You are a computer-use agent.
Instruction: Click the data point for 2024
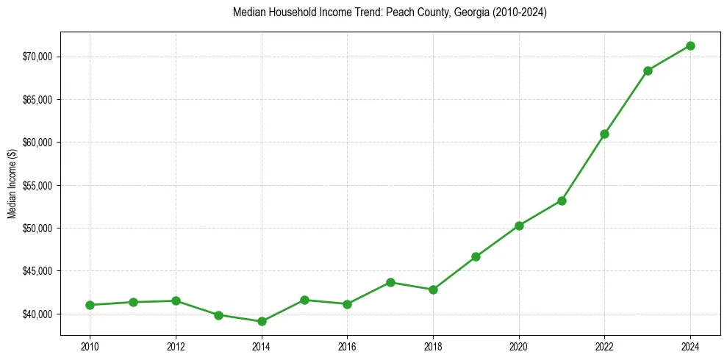point(690,46)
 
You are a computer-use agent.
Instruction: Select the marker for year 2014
point(262,321)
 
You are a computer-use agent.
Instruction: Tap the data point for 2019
point(476,256)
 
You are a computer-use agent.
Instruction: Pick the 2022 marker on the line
point(604,134)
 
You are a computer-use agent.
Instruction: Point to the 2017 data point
point(390,282)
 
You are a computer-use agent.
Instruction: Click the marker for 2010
point(90,305)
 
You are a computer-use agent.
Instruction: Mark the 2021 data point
point(562,201)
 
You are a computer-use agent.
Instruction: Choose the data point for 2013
point(218,315)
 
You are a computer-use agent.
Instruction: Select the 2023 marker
point(648,71)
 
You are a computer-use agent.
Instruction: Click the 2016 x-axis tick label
point(347,346)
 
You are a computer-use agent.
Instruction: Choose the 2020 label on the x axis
point(519,346)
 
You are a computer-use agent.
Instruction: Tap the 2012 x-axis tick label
point(176,346)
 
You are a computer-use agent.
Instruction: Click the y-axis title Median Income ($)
point(12,186)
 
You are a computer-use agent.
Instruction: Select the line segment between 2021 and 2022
point(583,168)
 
